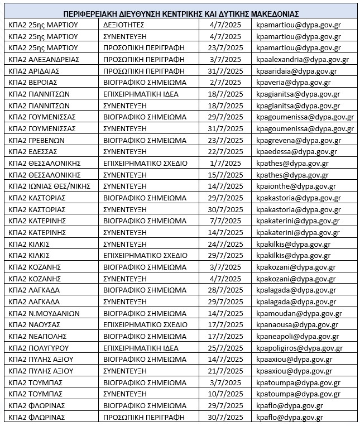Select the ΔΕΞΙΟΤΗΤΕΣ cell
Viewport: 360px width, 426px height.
tap(124, 25)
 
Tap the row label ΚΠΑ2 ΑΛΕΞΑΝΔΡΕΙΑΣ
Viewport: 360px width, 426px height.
tap(44, 59)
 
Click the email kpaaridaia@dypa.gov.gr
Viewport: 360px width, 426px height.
tap(296, 71)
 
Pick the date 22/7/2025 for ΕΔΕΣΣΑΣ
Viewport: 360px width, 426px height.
tap(223, 151)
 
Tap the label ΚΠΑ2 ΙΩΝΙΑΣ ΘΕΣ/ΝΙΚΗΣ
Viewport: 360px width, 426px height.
tap(50, 186)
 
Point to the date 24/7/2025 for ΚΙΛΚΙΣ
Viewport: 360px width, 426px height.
tap(223, 243)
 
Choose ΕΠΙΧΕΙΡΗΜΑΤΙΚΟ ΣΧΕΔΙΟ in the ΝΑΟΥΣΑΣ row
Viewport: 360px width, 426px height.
tap(146, 324)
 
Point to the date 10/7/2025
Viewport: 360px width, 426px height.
tap(223, 394)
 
